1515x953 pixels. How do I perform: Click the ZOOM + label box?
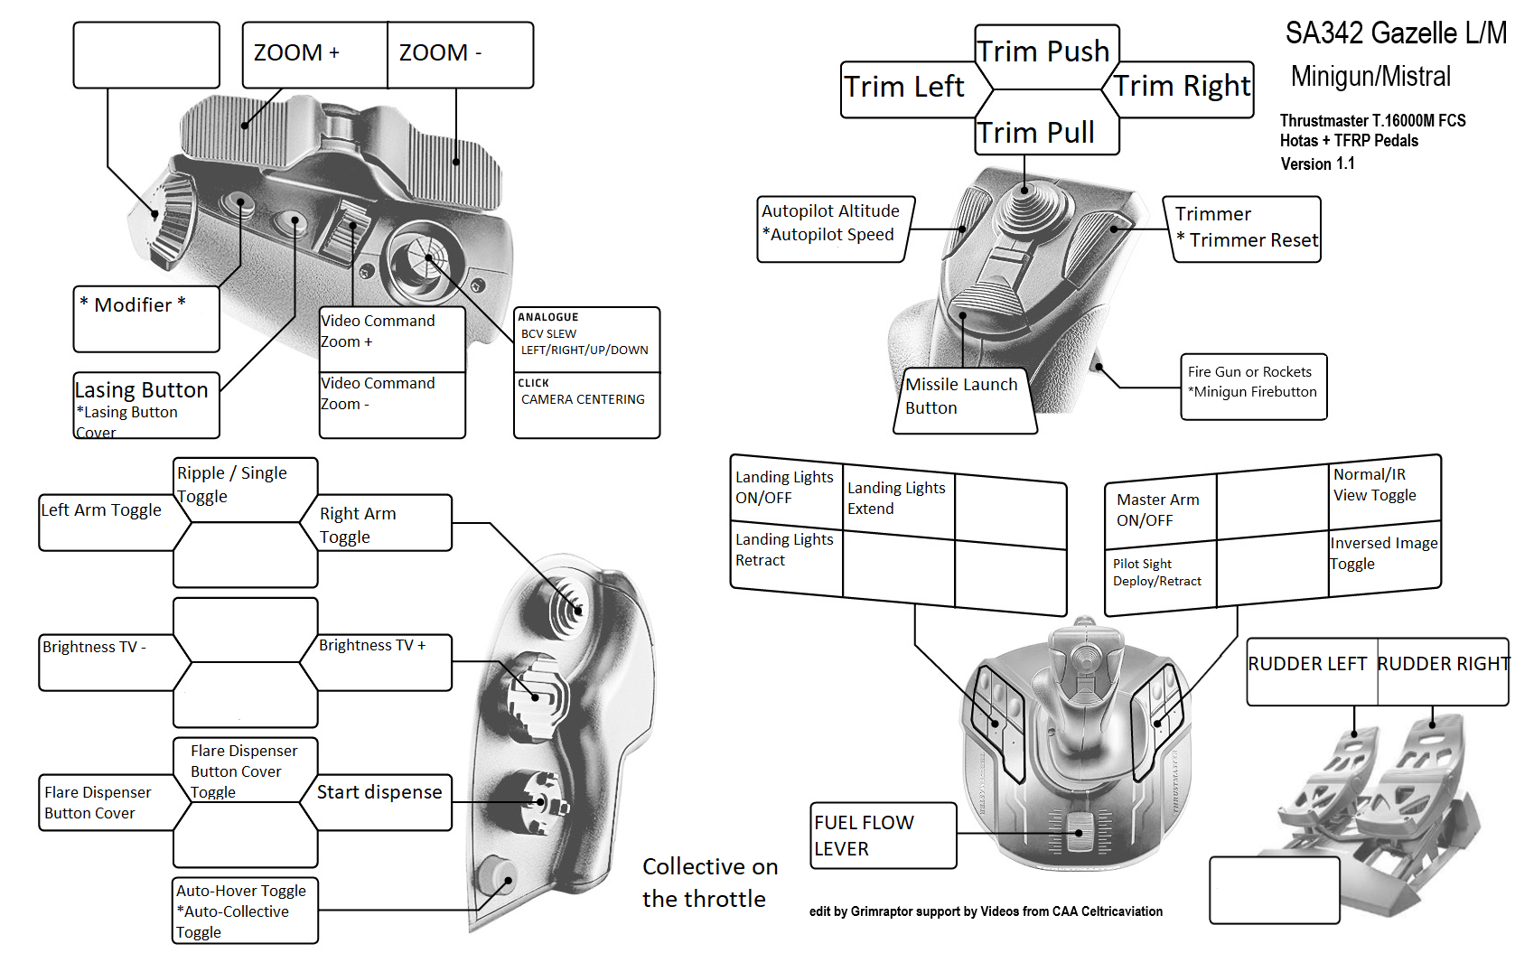[314, 54]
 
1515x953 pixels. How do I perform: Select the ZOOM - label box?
[460, 54]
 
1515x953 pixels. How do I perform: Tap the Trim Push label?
[1046, 52]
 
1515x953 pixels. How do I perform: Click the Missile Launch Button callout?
[963, 397]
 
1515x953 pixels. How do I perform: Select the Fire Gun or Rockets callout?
[1253, 383]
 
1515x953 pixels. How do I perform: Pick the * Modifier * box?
[145, 316]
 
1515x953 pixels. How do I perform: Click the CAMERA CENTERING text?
[584, 400]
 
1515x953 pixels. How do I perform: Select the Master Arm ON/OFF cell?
[1159, 510]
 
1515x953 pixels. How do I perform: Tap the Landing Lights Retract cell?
[785, 550]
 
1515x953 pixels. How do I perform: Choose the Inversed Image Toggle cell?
[1384, 554]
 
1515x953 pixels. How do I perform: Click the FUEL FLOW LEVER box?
[882, 836]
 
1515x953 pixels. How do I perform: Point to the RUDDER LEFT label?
[1309, 665]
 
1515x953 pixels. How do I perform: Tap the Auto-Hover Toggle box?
[244, 911]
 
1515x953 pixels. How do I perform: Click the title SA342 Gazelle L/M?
[1396, 34]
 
